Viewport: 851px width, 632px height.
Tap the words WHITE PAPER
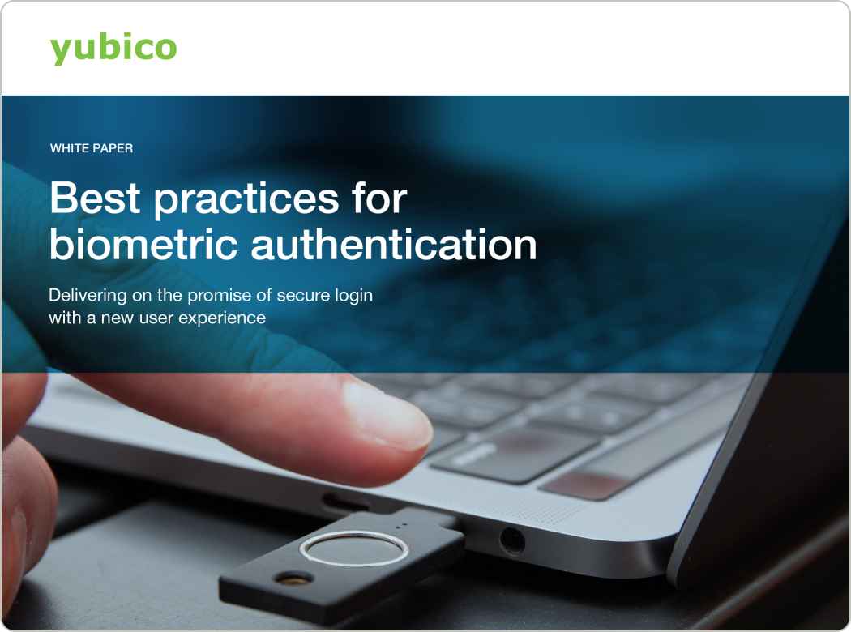point(92,148)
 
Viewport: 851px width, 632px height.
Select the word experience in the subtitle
point(224,318)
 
